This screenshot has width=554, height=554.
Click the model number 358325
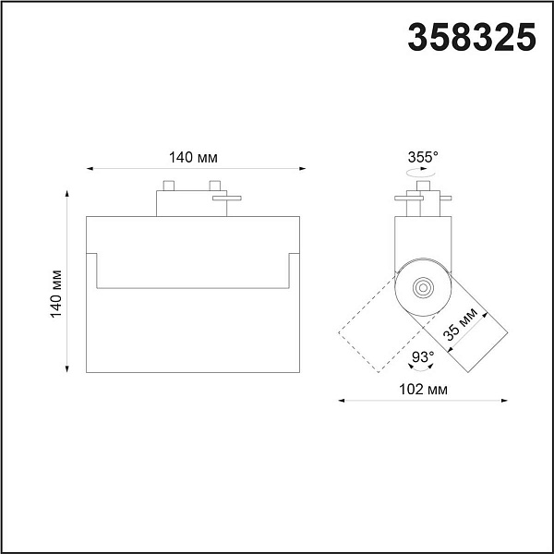click(472, 37)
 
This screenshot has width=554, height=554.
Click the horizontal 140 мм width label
click(193, 158)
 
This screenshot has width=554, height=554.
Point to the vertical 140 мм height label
click(55, 294)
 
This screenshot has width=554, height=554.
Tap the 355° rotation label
click(423, 157)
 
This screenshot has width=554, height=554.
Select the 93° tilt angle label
click(423, 356)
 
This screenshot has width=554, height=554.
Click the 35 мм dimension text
click(461, 324)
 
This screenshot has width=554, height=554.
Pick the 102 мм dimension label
click(423, 390)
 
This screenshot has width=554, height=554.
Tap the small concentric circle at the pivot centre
click(423, 287)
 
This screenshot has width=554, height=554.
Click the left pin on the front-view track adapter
click(169, 186)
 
